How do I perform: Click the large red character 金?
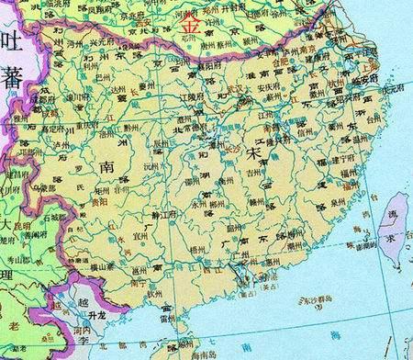[191, 26]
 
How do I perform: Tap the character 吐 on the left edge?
[11, 41]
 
